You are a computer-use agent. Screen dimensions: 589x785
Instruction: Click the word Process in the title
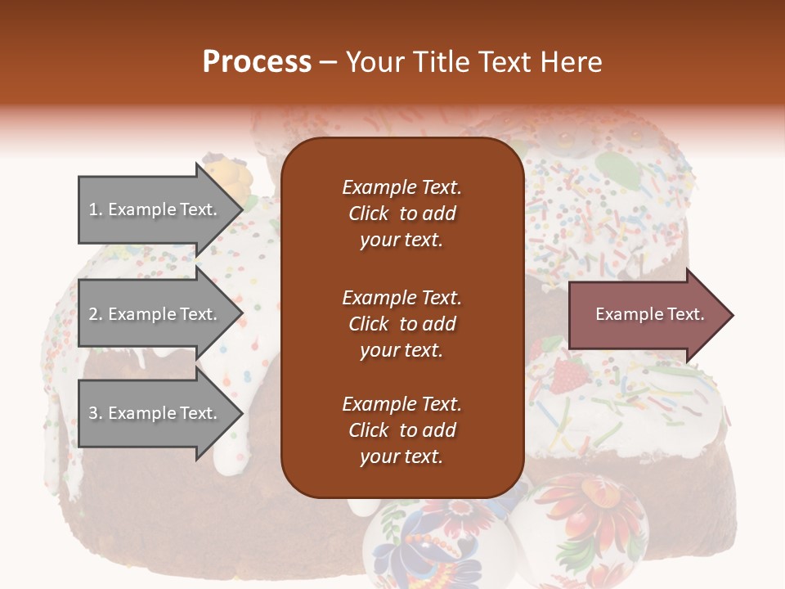(257, 62)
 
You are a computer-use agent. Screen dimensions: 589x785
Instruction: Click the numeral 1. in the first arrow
(96, 209)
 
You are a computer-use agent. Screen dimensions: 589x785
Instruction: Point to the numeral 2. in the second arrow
(96, 314)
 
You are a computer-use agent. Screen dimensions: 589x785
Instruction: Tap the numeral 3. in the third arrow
(96, 413)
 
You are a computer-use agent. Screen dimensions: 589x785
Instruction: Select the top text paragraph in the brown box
(401, 214)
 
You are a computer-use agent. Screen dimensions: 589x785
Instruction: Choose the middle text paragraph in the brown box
(401, 324)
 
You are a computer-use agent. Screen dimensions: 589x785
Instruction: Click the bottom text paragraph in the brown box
(401, 430)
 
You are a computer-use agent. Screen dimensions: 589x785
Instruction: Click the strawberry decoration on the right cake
(568, 377)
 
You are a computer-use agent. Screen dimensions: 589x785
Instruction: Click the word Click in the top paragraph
(368, 214)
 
